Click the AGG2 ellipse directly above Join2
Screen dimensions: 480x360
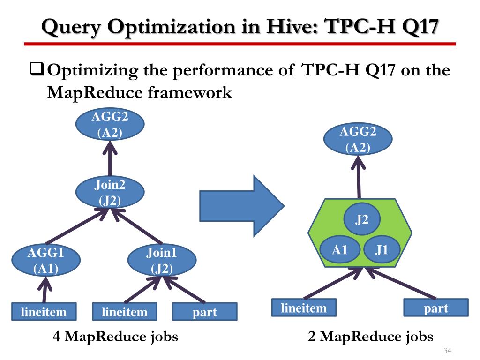click(x=110, y=125)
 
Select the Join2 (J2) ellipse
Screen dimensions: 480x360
click(x=110, y=193)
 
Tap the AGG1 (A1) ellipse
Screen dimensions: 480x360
click(x=45, y=261)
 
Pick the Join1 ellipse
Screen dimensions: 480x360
click(x=162, y=261)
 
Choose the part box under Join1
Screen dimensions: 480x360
click(x=205, y=312)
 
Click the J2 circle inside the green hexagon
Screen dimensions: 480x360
click(x=361, y=219)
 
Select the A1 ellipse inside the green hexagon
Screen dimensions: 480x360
click(x=339, y=249)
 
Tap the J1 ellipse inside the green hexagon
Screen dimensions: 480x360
click(x=382, y=249)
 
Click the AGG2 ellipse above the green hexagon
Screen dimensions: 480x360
click(x=358, y=140)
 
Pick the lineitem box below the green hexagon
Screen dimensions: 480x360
click(x=304, y=308)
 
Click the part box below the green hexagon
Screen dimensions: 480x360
click(x=436, y=308)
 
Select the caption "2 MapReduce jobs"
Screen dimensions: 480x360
click(x=371, y=336)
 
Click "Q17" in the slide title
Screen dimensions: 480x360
click(x=413, y=26)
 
